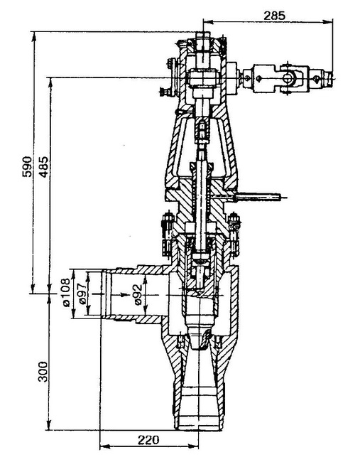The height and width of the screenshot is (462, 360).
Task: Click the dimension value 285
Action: click(x=274, y=16)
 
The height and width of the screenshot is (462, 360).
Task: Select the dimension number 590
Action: click(x=27, y=166)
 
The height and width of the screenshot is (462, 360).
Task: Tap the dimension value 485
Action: click(x=44, y=166)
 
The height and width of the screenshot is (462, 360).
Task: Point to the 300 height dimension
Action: click(x=43, y=371)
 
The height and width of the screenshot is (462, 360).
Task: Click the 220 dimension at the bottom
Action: click(x=148, y=440)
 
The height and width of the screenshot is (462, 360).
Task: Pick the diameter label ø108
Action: click(x=66, y=293)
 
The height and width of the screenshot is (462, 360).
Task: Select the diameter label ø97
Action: click(x=82, y=293)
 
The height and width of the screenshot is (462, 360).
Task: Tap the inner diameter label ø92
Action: click(x=138, y=294)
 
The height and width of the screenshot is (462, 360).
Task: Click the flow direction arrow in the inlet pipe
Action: click(x=121, y=294)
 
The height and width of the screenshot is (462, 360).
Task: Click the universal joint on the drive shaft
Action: click(x=287, y=78)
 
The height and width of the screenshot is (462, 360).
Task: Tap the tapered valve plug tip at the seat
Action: click(x=200, y=336)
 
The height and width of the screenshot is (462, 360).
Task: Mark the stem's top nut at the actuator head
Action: click(x=202, y=42)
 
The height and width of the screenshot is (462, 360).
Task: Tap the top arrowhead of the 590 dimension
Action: click(x=34, y=37)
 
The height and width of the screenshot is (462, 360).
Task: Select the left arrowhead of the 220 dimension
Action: click(x=105, y=446)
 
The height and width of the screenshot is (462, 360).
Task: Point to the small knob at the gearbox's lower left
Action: click(x=165, y=92)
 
